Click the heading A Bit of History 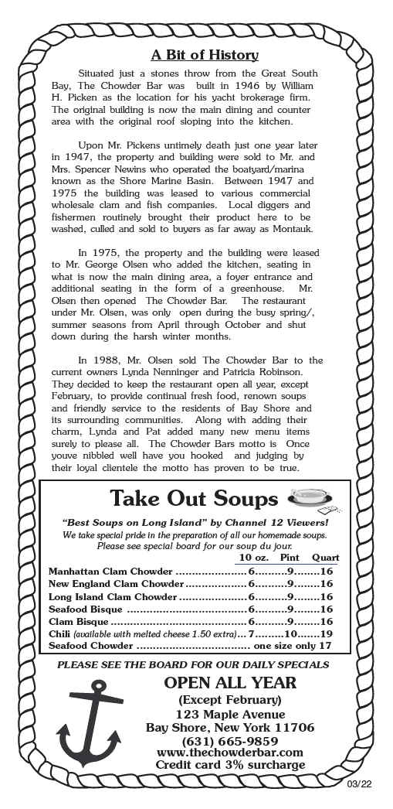click(x=204, y=55)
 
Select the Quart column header click(x=326, y=558)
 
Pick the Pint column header click(x=290, y=558)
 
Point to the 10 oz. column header click(x=254, y=558)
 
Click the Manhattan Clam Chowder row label click(x=111, y=572)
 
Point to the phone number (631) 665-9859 click(x=229, y=740)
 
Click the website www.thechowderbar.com click(x=229, y=753)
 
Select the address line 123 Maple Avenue click(x=229, y=714)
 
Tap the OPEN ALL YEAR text click(x=229, y=682)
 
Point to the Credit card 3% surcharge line click(x=229, y=765)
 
